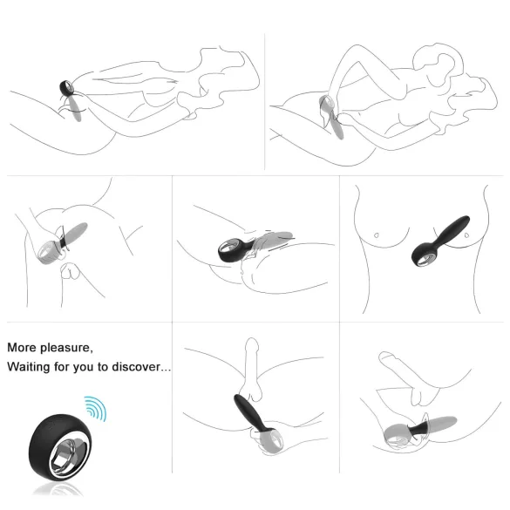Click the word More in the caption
(24, 347)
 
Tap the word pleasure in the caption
(68, 347)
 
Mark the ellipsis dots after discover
(166, 370)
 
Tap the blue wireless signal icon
(94, 407)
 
